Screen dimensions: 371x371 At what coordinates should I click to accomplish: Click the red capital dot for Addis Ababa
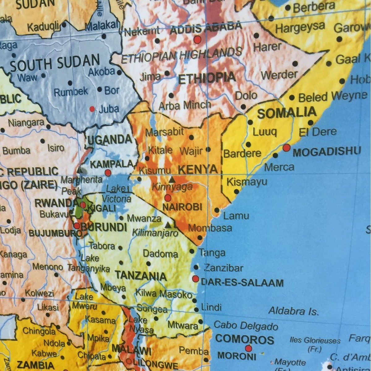[197, 40]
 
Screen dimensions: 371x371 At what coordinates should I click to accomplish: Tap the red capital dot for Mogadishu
[287, 148]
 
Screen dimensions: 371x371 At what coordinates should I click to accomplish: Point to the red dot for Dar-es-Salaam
[195, 279]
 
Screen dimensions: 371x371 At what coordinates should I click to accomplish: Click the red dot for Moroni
[248, 349]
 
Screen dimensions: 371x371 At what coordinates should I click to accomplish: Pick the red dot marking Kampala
[108, 173]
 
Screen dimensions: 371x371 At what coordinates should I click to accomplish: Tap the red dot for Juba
[92, 109]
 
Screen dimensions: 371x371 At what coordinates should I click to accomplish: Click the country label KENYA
[198, 169]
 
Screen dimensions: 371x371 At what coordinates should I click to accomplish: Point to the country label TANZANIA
[141, 275]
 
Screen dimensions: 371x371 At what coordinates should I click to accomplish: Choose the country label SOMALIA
[287, 113]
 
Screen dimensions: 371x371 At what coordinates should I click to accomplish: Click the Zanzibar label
[224, 268]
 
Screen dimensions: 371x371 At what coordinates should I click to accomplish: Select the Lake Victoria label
[117, 194]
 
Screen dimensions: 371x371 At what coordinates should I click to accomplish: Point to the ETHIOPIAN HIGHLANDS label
[181, 55]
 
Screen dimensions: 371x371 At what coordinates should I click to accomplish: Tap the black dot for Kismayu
[237, 192]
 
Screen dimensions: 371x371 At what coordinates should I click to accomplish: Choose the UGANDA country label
[110, 140]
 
